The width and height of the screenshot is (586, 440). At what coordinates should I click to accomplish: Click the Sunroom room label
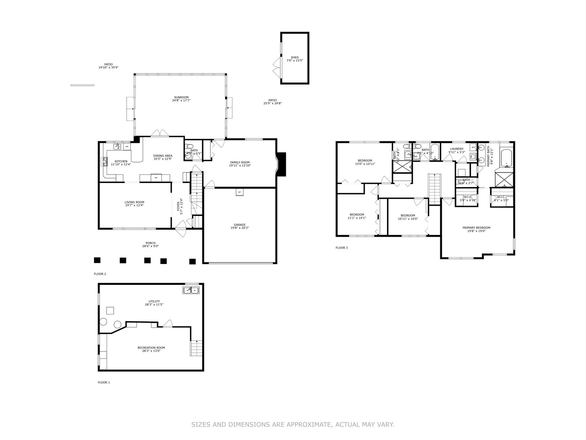point(181,97)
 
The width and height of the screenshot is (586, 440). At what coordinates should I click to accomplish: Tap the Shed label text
point(295,57)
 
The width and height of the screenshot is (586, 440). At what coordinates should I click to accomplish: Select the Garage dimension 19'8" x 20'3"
point(240,228)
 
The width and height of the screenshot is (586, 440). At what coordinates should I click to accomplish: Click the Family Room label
point(240,162)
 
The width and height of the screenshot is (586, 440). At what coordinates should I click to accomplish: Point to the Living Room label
point(134,202)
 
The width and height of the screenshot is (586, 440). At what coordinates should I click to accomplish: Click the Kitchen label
point(121,161)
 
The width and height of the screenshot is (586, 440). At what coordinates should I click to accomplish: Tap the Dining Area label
point(163,156)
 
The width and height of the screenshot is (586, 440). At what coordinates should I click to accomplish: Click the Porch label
point(151,243)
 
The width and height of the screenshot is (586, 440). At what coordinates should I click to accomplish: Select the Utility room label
point(154,301)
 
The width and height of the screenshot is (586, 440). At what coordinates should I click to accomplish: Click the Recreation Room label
point(151,348)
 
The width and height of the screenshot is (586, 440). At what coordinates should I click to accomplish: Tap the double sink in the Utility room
point(191,290)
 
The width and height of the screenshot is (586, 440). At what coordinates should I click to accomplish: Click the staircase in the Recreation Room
point(197,348)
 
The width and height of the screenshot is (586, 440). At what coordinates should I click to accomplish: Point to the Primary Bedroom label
point(476,228)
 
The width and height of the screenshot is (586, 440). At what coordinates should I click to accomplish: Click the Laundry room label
point(456,149)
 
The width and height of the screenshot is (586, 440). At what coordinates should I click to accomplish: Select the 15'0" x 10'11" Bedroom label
point(365,161)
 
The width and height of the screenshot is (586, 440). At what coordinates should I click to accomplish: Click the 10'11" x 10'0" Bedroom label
point(408,216)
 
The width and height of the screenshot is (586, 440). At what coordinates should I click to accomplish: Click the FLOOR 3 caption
point(342,248)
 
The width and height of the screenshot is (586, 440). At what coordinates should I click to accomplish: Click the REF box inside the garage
point(240,192)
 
